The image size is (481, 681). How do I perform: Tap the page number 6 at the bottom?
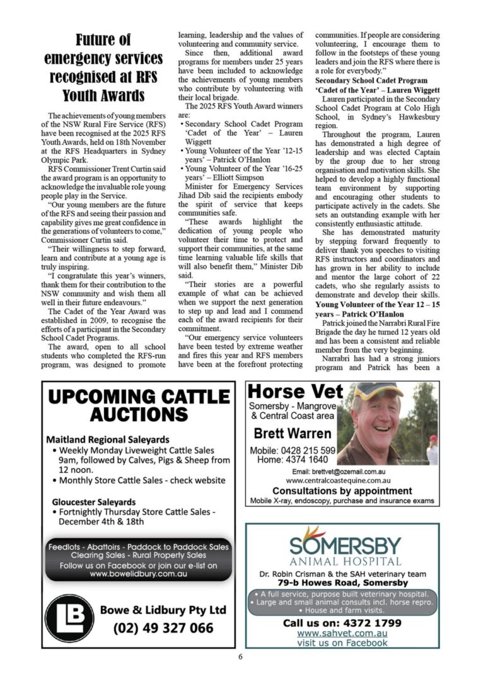[x=240, y=656]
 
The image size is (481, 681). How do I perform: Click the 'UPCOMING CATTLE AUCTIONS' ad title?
[x=139, y=405]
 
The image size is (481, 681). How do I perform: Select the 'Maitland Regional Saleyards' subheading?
[x=108, y=439]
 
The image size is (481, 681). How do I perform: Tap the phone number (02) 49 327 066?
[x=163, y=628]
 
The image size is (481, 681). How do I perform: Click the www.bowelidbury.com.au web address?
[x=139, y=574]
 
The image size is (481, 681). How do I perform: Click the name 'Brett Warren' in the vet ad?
[x=292, y=434]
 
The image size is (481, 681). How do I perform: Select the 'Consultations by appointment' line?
[x=342, y=491]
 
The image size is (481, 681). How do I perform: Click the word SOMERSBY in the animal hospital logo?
[x=345, y=544]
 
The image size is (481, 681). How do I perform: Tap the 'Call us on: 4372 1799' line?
[x=342, y=622]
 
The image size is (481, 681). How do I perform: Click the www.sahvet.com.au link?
[x=342, y=633]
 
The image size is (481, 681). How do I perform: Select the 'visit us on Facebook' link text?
[x=342, y=643]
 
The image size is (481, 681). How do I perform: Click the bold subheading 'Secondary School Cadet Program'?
[x=371, y=81]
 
